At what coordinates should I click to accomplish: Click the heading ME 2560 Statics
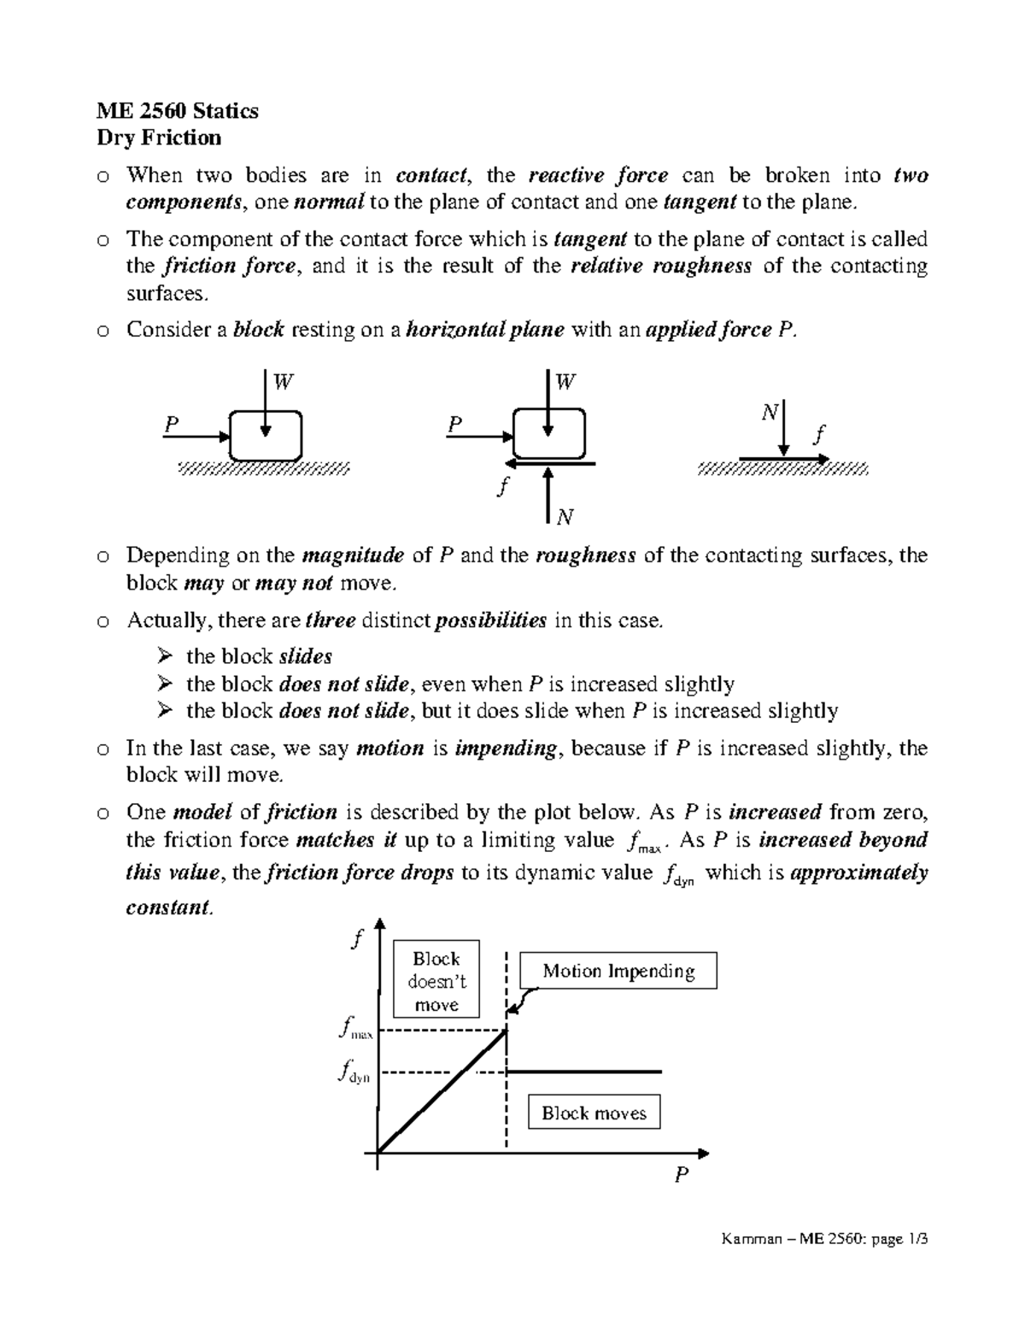[177, 111]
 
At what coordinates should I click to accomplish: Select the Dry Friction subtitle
[159, 138]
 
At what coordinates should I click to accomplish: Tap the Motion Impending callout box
[618, 972]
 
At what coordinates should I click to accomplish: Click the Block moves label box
[594, 1113]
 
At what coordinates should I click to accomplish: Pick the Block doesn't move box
[436, 981]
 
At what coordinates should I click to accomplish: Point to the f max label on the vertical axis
[354, 1029]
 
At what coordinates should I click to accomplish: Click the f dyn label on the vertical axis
[354, 1072]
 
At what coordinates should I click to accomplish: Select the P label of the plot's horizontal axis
[681, 1175]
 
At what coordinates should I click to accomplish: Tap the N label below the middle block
[565, 517]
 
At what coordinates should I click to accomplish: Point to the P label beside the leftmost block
[172, 424]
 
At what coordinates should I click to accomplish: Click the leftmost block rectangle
[266, 436]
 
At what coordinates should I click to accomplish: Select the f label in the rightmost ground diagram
[820, 435]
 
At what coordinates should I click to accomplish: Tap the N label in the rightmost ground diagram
[769, 413]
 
